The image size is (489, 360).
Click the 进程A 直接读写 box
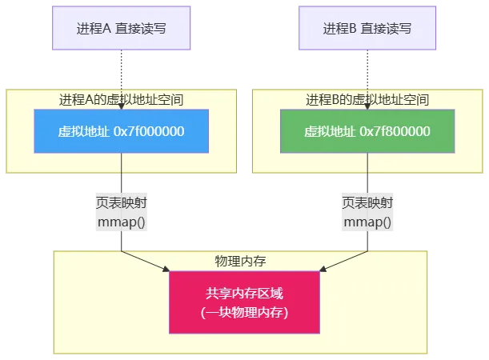121,28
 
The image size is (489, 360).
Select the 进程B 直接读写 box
367,28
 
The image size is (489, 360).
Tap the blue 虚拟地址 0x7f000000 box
121,131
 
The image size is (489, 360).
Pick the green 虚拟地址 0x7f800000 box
367,131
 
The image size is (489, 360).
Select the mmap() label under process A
121,222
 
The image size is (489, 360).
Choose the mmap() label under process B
367,222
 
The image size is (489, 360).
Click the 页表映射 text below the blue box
119,203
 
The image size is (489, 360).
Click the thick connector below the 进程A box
121,67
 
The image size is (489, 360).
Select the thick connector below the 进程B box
367,67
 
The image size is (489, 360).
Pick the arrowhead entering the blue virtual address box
121,106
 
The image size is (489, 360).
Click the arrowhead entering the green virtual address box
367,106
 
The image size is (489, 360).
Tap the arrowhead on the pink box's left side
166,270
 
